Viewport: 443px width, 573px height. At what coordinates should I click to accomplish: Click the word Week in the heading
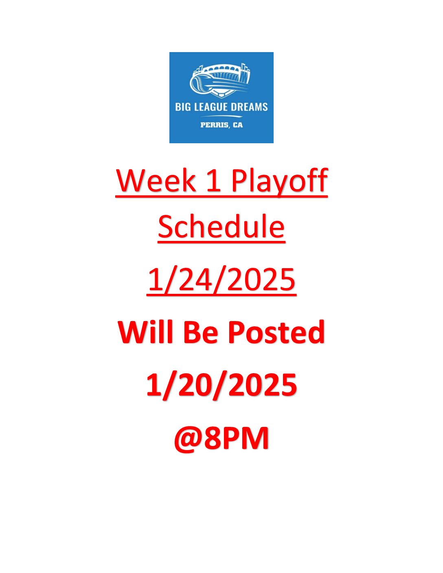156,180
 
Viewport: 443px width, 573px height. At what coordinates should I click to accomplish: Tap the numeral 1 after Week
214,181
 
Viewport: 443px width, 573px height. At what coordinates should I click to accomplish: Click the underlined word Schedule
221,226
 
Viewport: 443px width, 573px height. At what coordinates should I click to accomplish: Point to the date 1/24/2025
221,280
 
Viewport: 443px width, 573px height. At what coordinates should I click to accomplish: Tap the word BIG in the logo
182,107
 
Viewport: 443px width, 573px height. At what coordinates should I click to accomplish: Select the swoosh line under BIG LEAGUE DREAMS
221,116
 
